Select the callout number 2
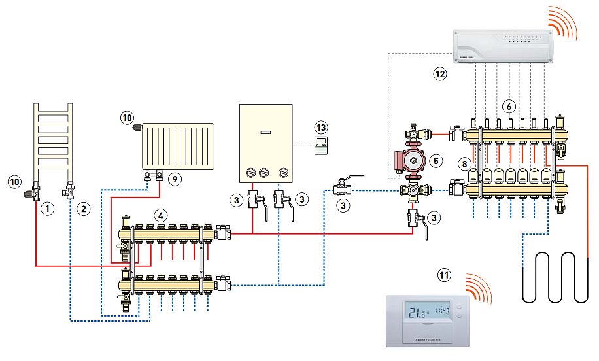(82, 209)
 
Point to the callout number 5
(437, 160)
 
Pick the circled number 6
(510, 105)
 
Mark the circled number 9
(173, 178)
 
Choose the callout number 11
(445, 276)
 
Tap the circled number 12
(439, 74)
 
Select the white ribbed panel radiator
(178, 145)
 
